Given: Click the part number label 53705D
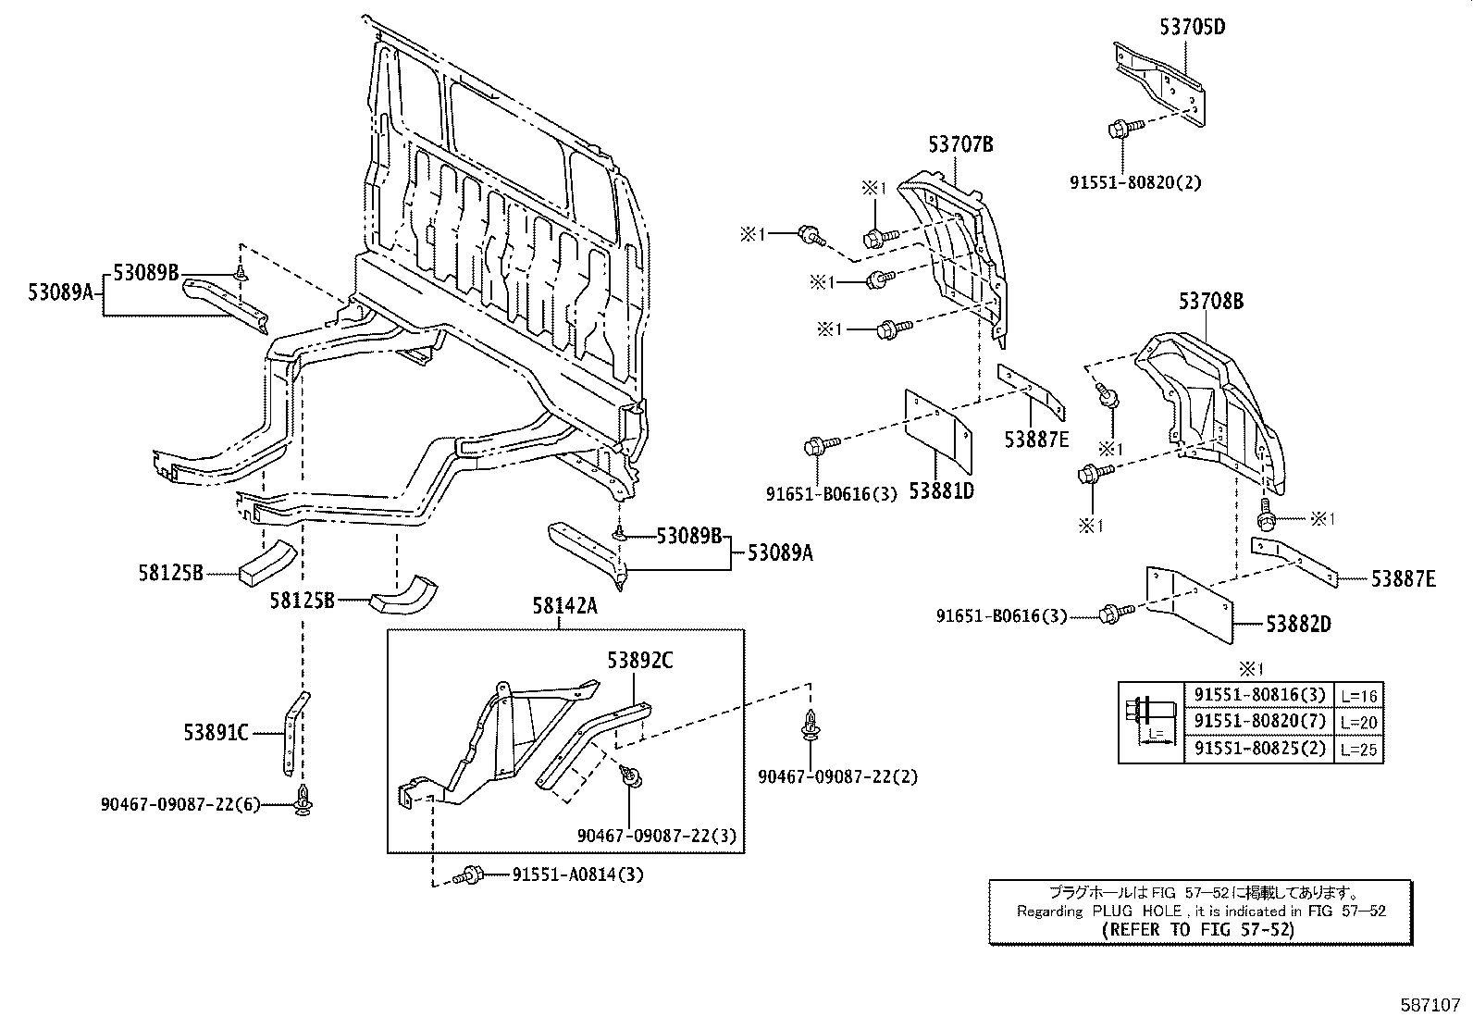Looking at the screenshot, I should (x=1192, y=27).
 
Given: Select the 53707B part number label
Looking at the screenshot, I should (x=960, y=144).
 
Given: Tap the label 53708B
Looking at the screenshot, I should (x=1210, y=301).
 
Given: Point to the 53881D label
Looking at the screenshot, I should (x=941, y=491).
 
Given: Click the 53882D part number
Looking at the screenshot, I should (x=1298, y=625).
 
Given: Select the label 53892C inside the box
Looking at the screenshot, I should (x=639, y=661).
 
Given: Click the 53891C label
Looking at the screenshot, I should (x=216, y=734).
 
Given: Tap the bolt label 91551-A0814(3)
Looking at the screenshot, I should (x=577, y=874).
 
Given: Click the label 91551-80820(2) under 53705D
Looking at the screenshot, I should (x=1135, y=182).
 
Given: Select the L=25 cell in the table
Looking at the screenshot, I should (x=1359, y=748).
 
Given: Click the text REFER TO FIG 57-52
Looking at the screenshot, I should (x=1199, y=929).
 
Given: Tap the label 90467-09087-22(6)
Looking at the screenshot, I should (x=181, y=805).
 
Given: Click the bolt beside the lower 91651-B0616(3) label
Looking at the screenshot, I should (x=1113, y=613).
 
